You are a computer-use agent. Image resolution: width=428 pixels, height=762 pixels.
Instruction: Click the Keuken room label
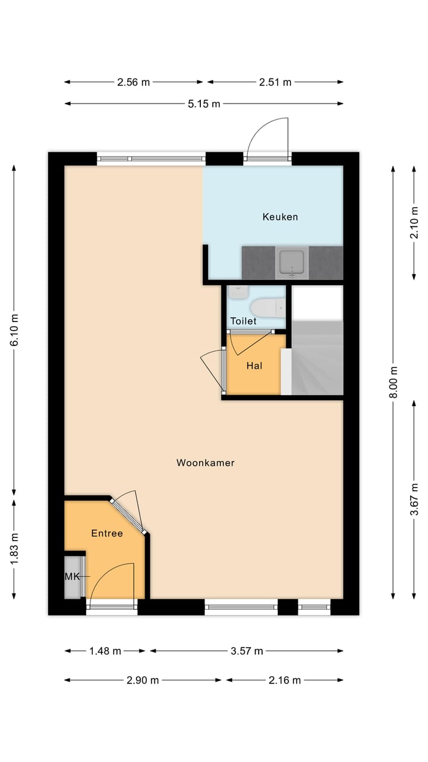(280, 217)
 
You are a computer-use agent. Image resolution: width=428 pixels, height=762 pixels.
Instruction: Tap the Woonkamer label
(206, 463)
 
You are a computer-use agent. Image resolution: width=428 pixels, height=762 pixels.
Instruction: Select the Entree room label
(107, 533)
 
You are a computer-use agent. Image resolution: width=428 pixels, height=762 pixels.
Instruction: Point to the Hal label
(254, 366)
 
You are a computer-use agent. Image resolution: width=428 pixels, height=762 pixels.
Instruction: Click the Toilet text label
(244, 321)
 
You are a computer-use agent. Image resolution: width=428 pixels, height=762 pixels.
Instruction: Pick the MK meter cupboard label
(71, 576)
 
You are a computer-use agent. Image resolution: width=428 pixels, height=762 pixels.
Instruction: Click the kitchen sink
(292, 263)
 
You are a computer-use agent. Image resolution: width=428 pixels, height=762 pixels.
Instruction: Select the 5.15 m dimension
(204, 104)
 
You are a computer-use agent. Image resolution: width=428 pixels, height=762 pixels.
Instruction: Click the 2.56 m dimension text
(134, 82)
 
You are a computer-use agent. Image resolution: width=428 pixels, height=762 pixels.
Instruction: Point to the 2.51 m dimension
(275, 82)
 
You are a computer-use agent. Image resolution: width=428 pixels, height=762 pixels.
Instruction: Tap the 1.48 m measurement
(105, 651)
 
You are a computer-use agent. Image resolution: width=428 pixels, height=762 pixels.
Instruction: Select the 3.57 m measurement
(247, 651)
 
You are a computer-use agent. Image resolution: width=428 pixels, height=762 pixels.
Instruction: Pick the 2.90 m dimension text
(143, 680)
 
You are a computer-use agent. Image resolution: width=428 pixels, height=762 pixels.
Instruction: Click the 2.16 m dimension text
(285, 680)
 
